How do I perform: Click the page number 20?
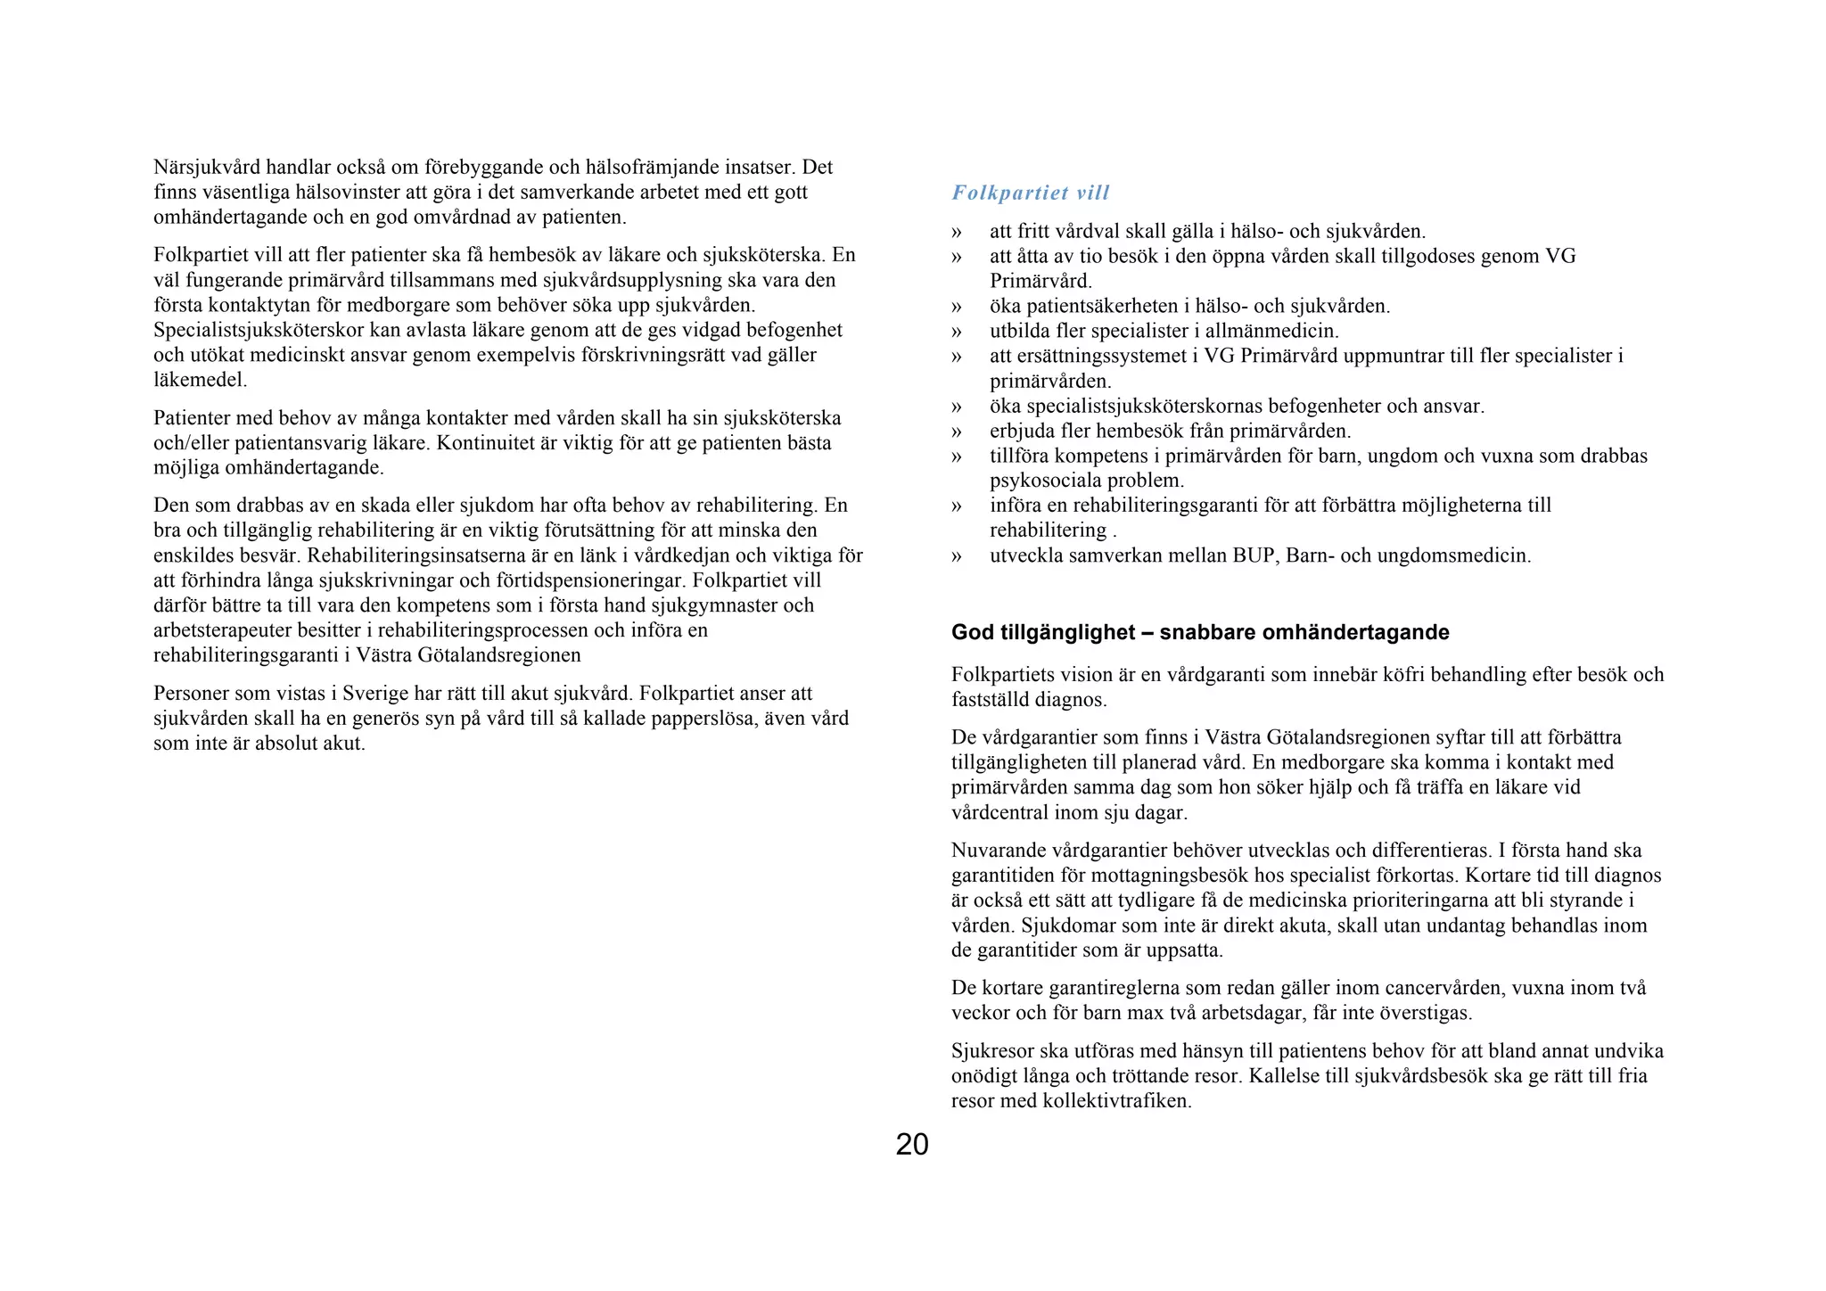pos(911,1144)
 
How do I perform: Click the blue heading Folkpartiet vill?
pos(1030,193)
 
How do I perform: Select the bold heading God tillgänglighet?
pos(1199,632)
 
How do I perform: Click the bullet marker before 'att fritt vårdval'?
pos(957,232)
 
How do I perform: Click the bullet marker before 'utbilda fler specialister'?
pos(957,332)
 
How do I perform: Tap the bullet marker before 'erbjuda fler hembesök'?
pos(957,432)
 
